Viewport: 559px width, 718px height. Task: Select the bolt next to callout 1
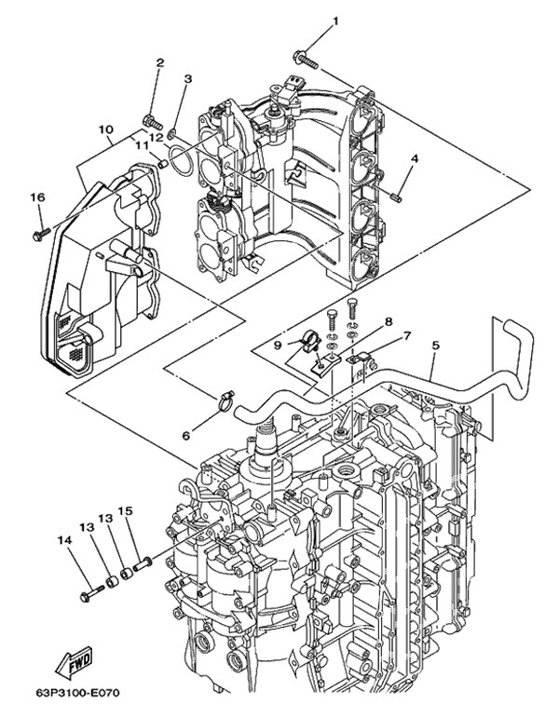pyautogui.click(x=305, y=58)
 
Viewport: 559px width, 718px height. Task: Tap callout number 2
pyautogui.click(x=160, y=63)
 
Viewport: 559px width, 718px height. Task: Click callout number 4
pyautogui.click(x=414, y=158)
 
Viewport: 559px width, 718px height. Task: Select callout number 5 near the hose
pyautogui.click(x=435, y=345)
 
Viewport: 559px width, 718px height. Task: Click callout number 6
pyautogui.click(x=185, y=434)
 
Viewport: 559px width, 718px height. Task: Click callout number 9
pyautogui.click(x=278, y=345)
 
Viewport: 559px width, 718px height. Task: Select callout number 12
pyautogui.click(x=157, y=138)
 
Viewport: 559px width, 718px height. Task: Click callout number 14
pyautogui.click(x=64, y=539)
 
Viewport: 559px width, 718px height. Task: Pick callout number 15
pyautogui.click(x=127, y=510)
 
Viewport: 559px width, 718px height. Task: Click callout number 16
pyautogui.click(x=37, y=197)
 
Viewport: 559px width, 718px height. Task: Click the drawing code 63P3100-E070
pyautogui.click(x=79, y=695)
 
